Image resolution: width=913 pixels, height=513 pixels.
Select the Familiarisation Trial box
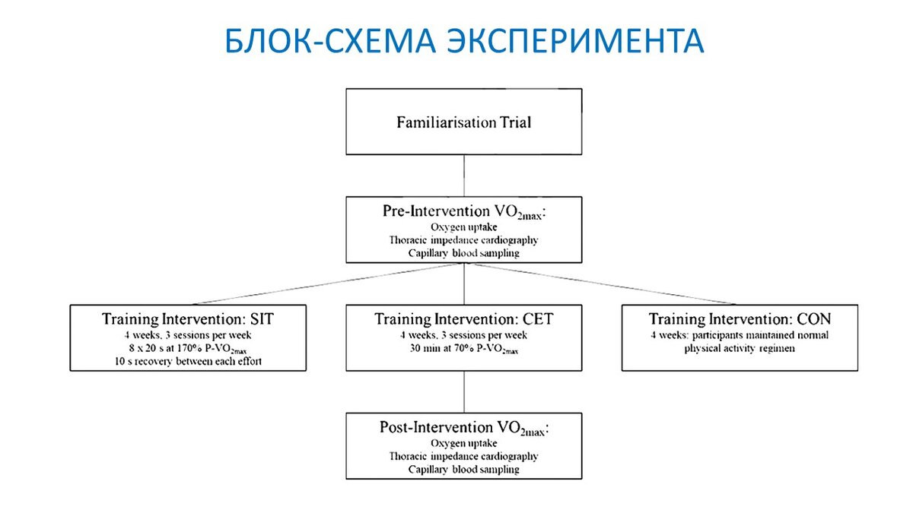[464, 122]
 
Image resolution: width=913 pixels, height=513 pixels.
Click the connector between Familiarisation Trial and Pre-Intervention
[464, 176]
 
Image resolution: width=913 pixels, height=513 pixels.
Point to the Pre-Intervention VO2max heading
[464, 211]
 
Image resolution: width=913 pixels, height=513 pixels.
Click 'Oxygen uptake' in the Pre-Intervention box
[464, 226]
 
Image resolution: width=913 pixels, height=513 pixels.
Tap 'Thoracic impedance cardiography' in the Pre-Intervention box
[464, 239]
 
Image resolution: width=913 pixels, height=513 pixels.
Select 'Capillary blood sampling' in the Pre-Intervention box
[464, 253]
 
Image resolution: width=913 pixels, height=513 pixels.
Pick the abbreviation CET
[537, 319]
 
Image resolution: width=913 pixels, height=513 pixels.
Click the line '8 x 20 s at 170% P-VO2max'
[188, 349]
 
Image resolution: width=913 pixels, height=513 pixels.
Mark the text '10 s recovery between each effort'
[188, 362]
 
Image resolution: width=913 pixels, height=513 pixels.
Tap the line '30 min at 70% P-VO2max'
[464, 349]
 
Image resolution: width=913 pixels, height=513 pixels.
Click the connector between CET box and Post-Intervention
[464, 391]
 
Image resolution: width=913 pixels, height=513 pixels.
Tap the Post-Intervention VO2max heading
[464, 428]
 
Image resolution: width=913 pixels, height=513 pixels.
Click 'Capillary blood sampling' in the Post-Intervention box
[464, 470]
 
